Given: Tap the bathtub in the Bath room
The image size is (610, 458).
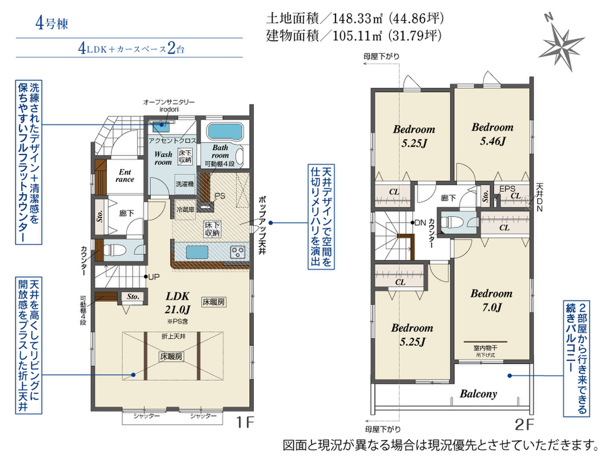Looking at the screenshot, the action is [x=225, y=132].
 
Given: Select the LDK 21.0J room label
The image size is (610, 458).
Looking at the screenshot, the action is [x=178, y=303].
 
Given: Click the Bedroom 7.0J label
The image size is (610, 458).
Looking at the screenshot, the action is [x=491, y=300].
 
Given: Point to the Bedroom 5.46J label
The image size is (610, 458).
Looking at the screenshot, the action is [x=492, y=134].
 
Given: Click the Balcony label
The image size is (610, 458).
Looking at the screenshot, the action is [x=479, y=394].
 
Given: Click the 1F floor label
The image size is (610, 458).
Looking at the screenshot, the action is [x=244, y=422].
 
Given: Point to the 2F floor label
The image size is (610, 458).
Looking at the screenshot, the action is [x=524, y=424].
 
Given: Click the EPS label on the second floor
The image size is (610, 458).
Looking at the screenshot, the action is [x=507, y=189].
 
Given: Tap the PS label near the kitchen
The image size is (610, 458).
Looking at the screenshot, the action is [x=220, y=196].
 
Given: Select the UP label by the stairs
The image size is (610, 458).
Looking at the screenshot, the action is [x=154, y=277].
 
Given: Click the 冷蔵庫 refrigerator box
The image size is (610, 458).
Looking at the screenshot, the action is [x=185, y=210].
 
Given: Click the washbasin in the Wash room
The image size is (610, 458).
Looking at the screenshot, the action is [x=161, y=126].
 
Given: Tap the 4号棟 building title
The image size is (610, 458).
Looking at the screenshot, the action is [x=52, y=23].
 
